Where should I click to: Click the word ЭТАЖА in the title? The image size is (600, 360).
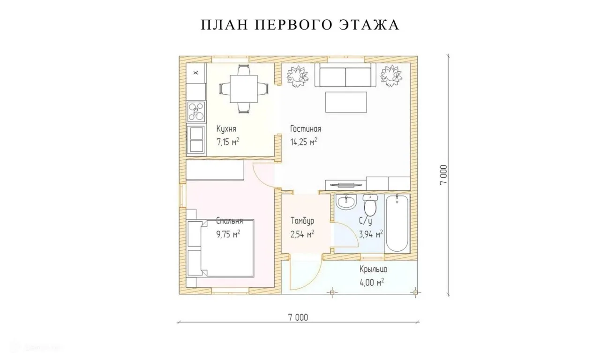click(369, 25)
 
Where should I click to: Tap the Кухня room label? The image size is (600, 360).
click(226, 129)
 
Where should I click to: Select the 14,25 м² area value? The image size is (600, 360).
click(304, 142)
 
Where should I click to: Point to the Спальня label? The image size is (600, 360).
click(230, 221)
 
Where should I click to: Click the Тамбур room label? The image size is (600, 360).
click(302, 221)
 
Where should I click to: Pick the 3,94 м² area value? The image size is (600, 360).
click(371, 234)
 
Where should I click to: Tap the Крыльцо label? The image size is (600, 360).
click(374, 269)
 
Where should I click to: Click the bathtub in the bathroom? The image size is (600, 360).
click(397, 224)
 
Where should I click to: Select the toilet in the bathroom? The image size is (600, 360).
click(370, 205)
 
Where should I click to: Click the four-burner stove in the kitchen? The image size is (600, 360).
click(196, 112)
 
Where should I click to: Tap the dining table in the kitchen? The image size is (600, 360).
click(244, 89)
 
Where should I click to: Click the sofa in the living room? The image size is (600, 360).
click(345, 75)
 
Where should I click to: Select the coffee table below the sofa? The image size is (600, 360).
click(346, 102)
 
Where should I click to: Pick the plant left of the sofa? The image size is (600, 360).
click(297, 76)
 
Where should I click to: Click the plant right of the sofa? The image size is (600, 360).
click(391, 76)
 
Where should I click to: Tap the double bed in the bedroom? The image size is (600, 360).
click(220, 248)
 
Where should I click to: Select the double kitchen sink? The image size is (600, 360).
click(196, 139)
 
